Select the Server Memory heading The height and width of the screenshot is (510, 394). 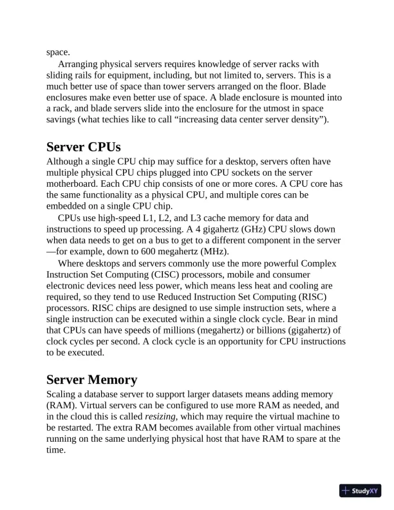click(91, 379)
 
